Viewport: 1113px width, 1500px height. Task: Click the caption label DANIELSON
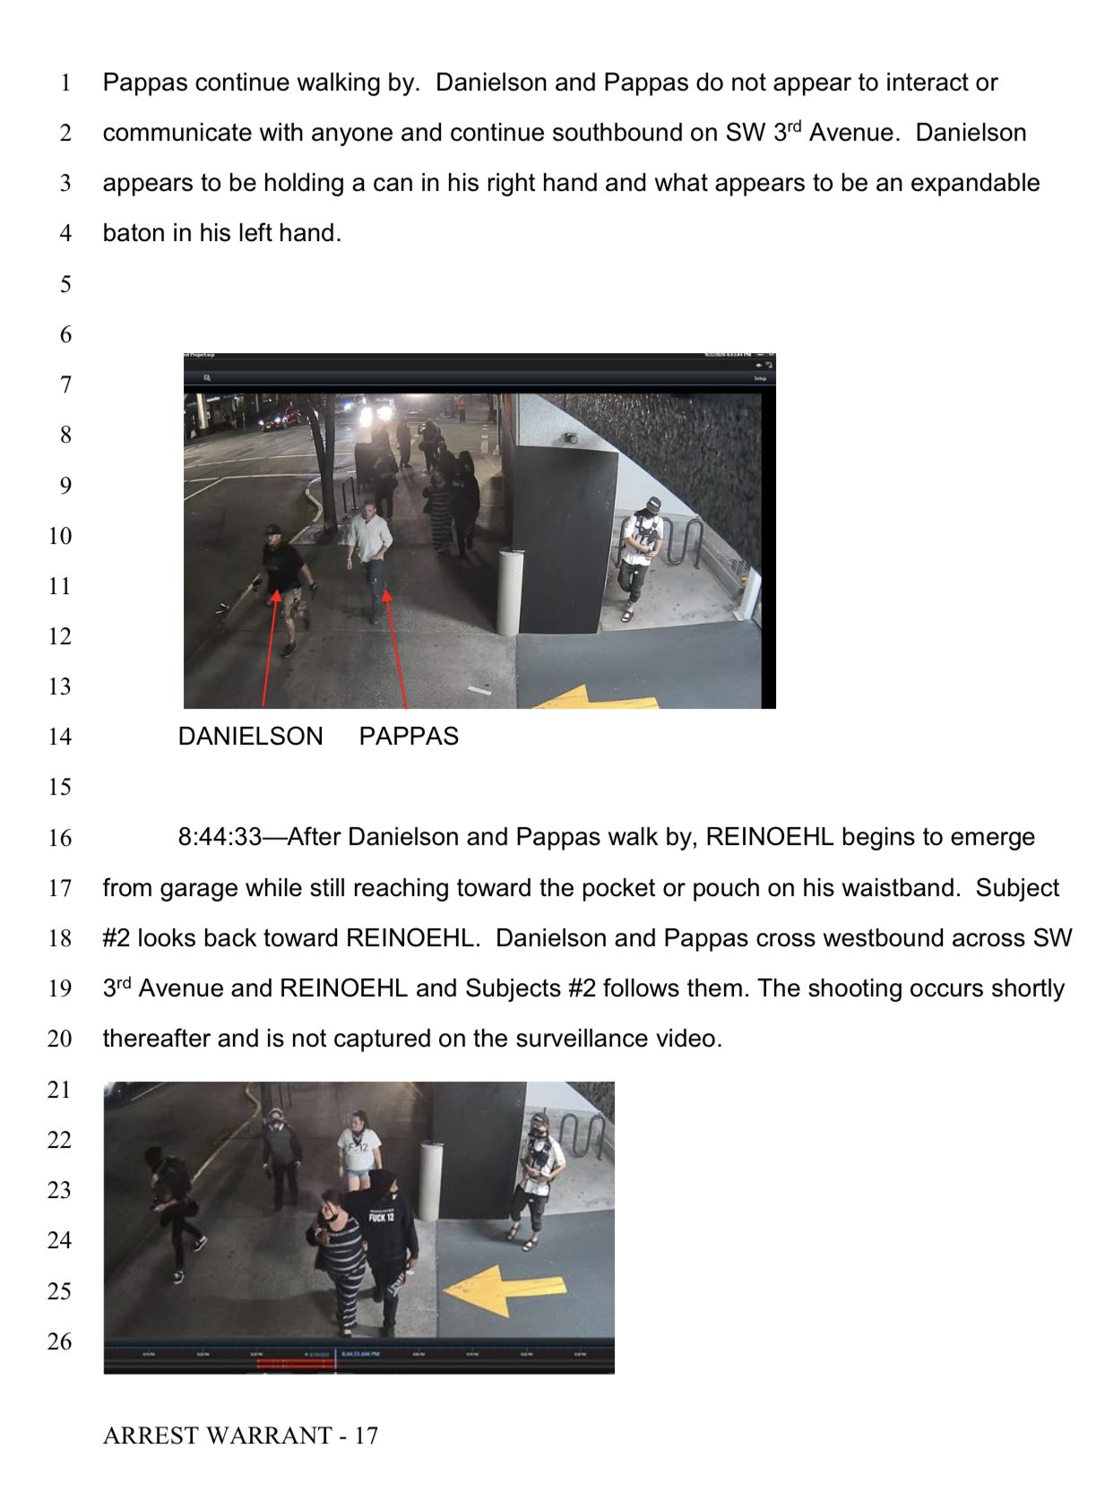pos(250,736)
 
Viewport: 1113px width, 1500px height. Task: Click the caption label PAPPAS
pos(409,736)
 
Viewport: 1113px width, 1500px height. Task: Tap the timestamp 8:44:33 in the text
pos(220,837)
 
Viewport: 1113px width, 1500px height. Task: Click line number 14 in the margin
pos(59,737)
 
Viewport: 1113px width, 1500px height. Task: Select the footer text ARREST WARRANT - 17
pos(240,1435)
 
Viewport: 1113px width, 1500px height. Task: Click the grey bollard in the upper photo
pos(509,591)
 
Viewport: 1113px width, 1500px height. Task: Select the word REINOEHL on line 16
pos(770,837)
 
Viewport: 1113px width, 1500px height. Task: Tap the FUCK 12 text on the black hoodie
pos(381,1217)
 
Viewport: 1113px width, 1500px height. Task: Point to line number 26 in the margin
pos(59,1341)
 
